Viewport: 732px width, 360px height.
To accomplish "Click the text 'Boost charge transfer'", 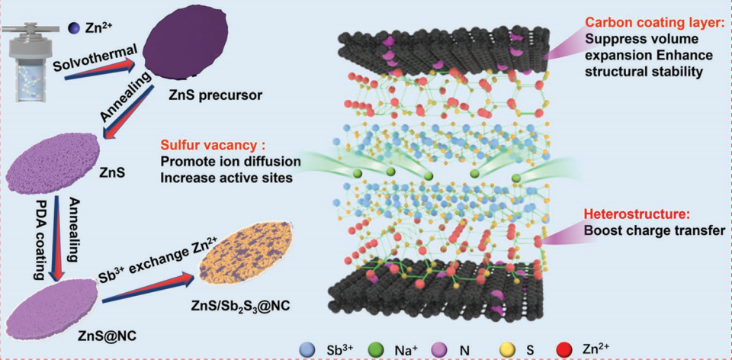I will point(653,229).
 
